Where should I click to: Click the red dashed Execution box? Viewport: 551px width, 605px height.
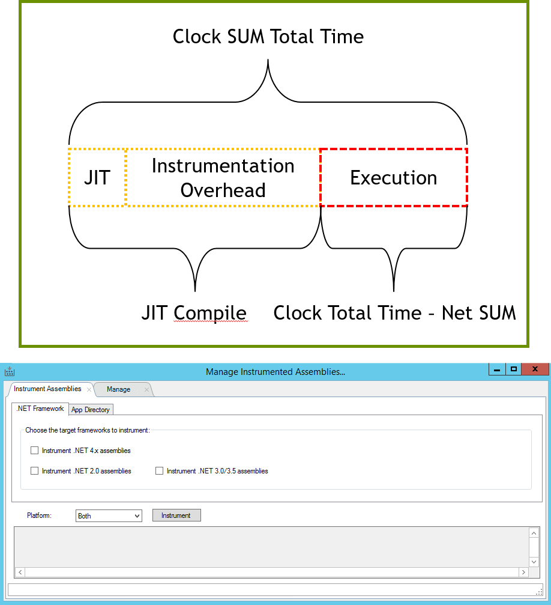pyautogui.click(x=394, y=178)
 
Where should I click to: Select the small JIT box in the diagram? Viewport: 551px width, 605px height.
pyautogui.click(x=97, y=178)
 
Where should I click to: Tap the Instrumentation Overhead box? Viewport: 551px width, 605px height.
pyautogui.click(x=223, y=178)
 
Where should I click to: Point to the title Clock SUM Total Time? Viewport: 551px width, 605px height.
pyautogui.click(x=268, y=37)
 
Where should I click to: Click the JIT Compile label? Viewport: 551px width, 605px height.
pyautogui.click(x=194, y=313)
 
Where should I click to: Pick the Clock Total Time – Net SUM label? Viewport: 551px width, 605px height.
pyautogui.click(x=394, y=313)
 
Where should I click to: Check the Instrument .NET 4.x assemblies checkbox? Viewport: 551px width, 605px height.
pyautogui.click(x=34, y=451)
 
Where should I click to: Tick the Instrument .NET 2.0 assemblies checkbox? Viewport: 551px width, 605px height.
pyautogui.click(x=34, y=471)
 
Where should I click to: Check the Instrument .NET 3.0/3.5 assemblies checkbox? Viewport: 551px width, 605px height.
pyautogui.click(x=159, y=471)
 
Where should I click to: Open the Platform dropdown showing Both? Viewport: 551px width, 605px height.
pyautogui.click(x=109, y=516)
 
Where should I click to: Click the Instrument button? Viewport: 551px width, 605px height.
pyautogui.click(x=176, y=515)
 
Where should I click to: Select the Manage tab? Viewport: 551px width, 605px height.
pyautogui.click(x=118, y=389)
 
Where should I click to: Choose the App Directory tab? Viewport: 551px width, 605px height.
pyautogui.click(x=91, y=410)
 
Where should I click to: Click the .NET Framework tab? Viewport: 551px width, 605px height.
pyautogui.click(x=40, y=409)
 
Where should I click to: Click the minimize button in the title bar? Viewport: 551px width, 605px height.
pyautogui.click(x=496, y=369)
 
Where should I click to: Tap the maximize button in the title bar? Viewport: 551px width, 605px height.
pyautogui.click(x=513, y=369)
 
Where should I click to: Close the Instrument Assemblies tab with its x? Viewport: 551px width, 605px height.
pyautogui.click(x=89, y=390)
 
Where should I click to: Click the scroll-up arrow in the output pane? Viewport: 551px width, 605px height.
pyautogui.click(x=534, y=533)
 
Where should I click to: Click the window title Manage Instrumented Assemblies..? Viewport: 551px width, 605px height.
pyautogui.click(x=275, y=372)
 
